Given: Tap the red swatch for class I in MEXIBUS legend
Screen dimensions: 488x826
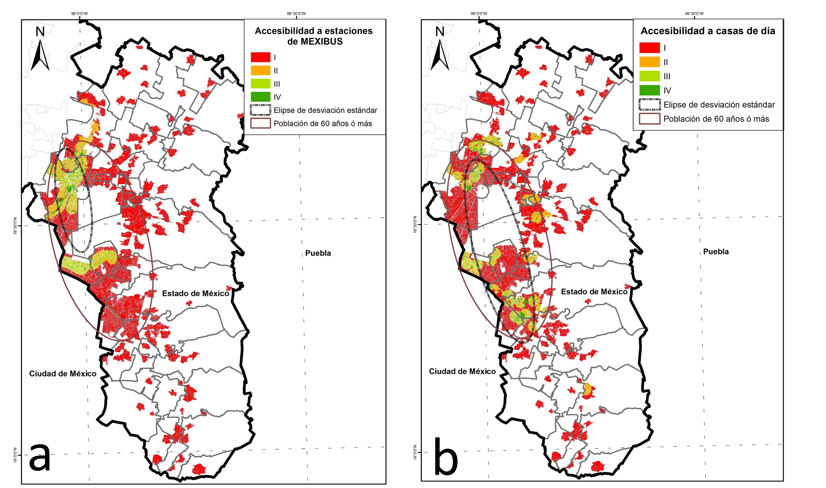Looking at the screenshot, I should [x=260, y=57].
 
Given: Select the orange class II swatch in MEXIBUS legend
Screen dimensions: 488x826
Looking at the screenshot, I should [x=260, y=70].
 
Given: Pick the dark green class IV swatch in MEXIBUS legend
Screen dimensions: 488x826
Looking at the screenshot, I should [x=260, y=97].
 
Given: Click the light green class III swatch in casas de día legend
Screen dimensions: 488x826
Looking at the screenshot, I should [x=649, y=76].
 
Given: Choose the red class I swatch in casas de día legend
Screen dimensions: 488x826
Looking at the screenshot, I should [x=649, y=48].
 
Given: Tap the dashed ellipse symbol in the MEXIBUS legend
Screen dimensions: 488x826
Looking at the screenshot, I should [x=260, y=110].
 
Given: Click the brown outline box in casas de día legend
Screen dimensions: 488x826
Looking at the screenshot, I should [x=649, y=119].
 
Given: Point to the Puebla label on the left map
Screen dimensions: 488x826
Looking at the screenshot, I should [x=318, y=253].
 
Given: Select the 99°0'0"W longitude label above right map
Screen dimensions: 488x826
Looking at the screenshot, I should [x=479, y=14].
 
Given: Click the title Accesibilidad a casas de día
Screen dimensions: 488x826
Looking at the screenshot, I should [x=708, y=31].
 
